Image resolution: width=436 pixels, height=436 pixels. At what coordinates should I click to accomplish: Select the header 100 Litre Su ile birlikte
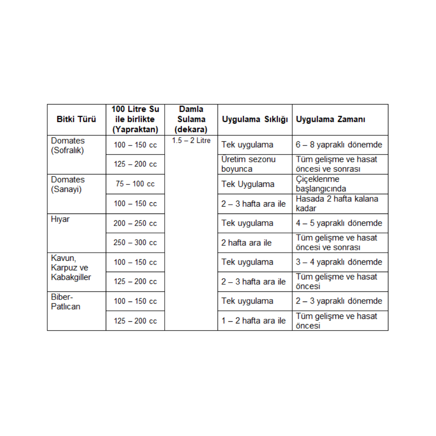135,119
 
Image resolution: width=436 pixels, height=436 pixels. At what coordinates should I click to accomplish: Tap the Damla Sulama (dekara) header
191,119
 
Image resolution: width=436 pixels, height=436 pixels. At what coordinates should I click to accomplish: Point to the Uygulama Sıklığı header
254,119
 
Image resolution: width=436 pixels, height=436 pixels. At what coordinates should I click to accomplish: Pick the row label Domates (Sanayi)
68,184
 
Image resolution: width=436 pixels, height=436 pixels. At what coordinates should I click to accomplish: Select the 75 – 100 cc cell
135,184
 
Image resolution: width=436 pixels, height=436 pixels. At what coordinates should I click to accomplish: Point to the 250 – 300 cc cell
135,243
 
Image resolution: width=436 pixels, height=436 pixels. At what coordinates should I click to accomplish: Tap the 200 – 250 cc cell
135,223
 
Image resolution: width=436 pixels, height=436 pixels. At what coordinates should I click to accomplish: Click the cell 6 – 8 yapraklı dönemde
339,145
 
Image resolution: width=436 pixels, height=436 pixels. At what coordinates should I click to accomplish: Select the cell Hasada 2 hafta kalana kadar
337,203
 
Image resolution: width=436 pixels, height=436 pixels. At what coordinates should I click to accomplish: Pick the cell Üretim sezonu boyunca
248,164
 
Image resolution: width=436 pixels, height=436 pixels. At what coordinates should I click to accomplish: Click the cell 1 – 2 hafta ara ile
254,321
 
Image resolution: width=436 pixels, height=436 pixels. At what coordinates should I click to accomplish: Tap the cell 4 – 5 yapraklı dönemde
339,223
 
